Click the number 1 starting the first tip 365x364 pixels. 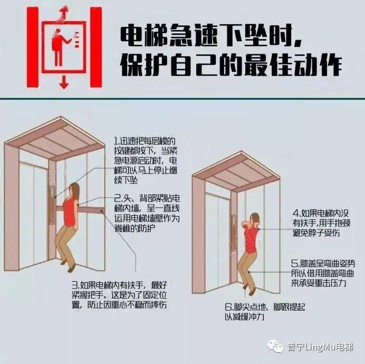116,141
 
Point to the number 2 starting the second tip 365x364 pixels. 117,198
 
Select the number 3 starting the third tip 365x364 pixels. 74,283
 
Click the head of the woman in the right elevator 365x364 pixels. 254,218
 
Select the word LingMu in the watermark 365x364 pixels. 319,347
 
